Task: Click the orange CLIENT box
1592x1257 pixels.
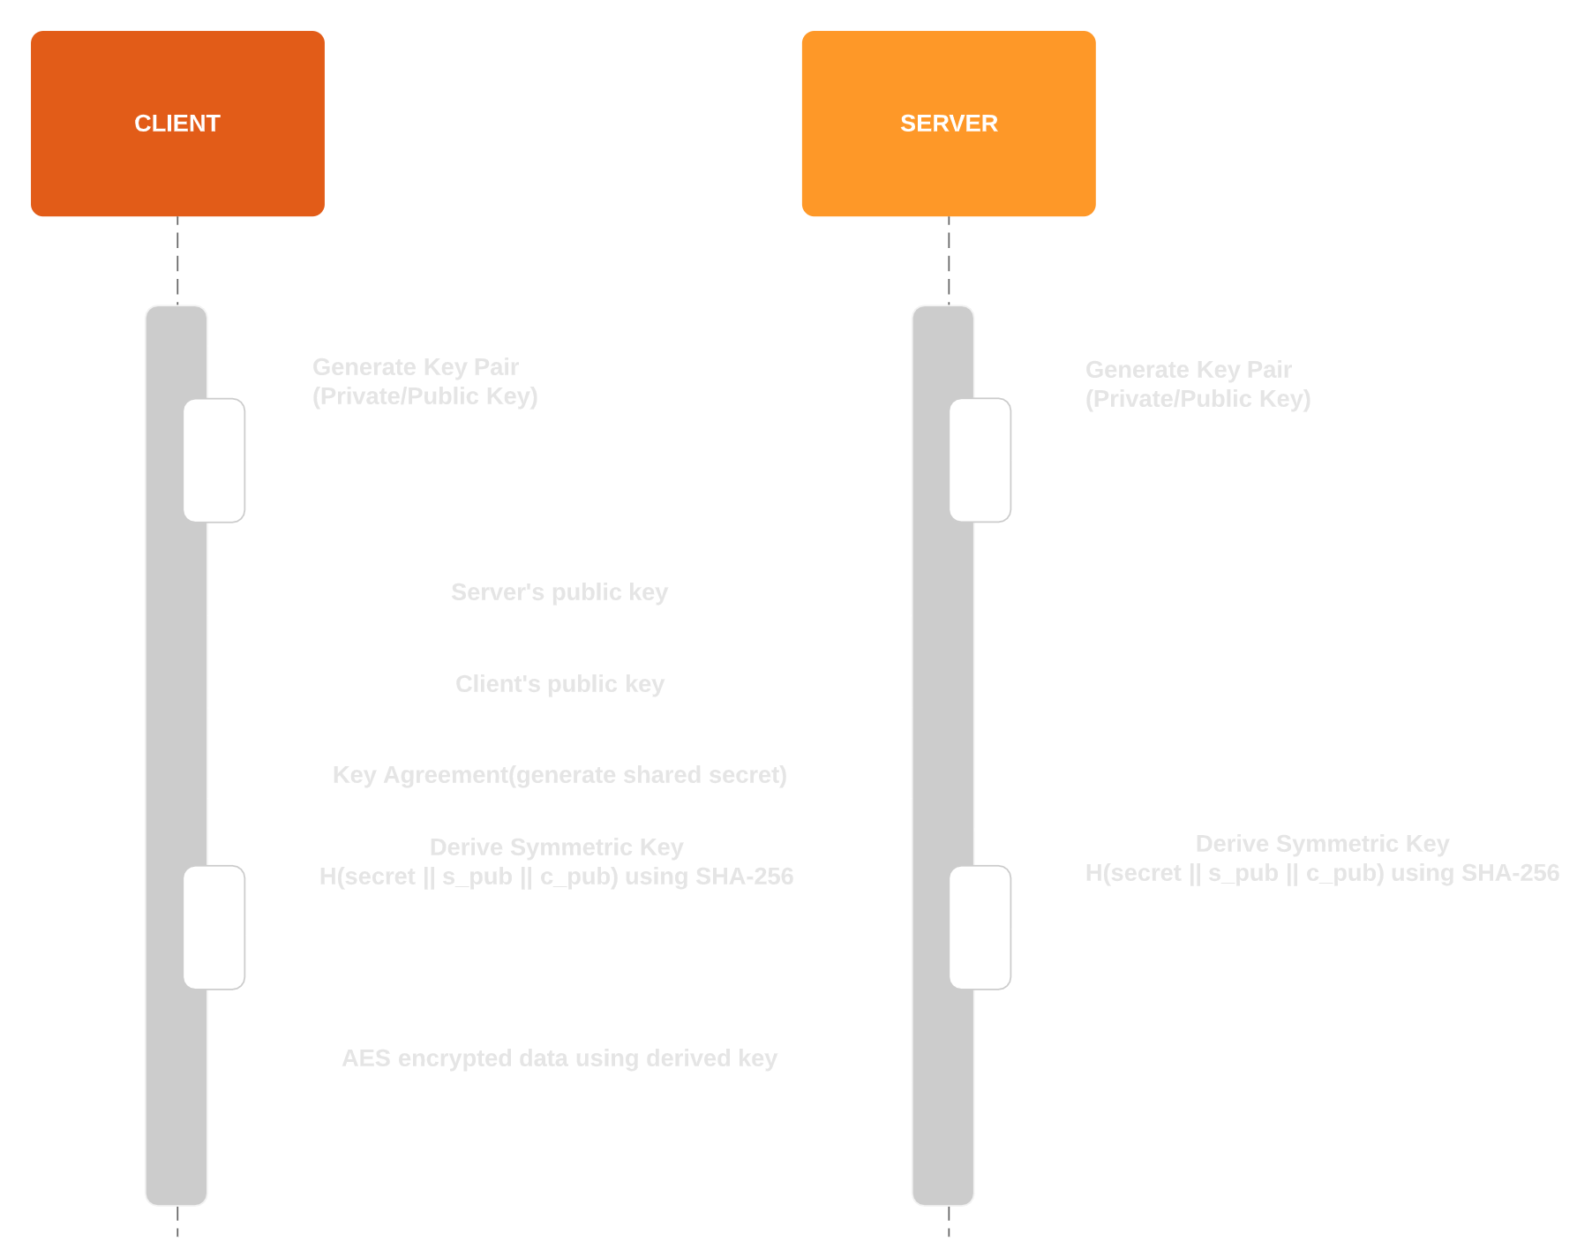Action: point(177,124)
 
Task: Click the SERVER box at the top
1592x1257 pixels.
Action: point(948,124)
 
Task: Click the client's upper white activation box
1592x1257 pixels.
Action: point(214,460)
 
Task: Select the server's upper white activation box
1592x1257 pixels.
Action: point(980,460)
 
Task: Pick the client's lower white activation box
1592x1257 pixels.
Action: point(214,927)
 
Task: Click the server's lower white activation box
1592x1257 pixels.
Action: point(980,927)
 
